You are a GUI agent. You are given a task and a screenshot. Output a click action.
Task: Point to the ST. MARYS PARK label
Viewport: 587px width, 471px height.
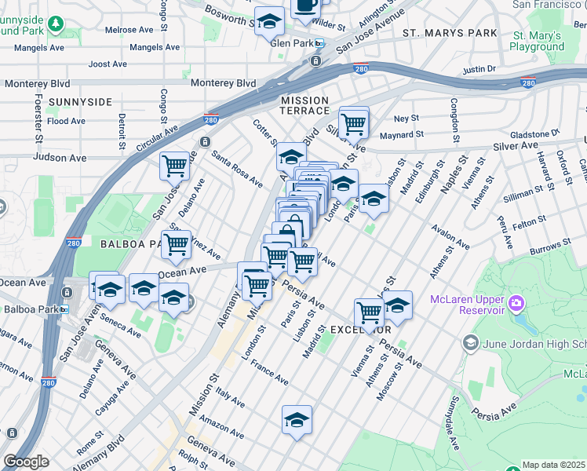(450, 33)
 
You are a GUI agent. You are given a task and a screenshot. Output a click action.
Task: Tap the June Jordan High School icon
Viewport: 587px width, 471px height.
(470, 341)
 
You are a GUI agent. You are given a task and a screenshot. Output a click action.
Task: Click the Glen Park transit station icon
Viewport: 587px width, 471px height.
(319, 43)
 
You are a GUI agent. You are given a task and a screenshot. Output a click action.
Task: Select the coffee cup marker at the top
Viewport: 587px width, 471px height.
(305, 6)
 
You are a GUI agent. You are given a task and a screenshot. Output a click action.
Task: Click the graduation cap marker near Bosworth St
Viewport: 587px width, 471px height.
(269, 21)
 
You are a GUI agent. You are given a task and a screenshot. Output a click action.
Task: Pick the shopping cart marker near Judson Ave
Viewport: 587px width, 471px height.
(174, 166)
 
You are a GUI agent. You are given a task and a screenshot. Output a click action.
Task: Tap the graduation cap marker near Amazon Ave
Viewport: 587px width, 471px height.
(297, 419)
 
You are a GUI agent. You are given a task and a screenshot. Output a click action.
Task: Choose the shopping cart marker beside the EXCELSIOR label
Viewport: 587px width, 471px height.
(369, 312)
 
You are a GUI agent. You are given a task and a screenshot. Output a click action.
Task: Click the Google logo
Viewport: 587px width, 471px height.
(26, 462)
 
